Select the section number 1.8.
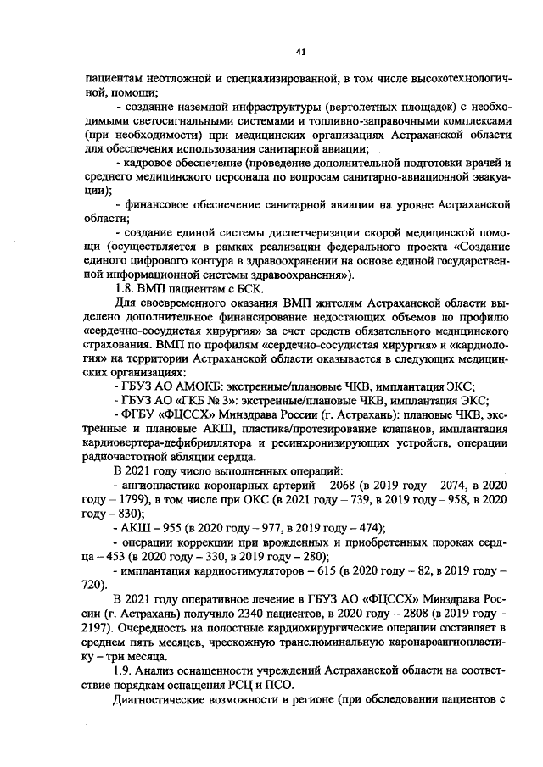point(125,289)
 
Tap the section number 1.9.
point(125,670)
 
